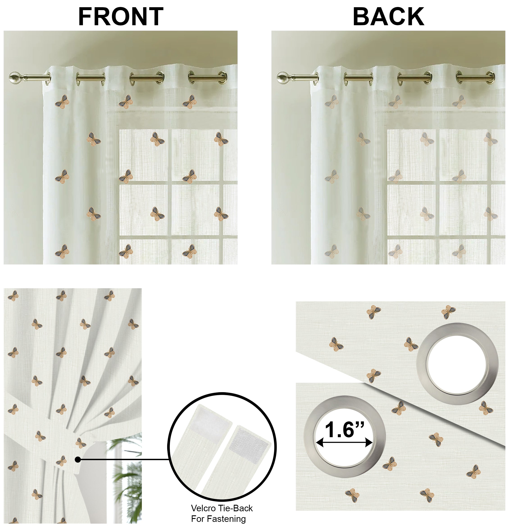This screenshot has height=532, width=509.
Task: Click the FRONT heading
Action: tap(121, 17)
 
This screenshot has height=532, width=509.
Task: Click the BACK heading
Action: tap(388, 17)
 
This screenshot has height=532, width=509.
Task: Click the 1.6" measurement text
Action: tap(345, 430)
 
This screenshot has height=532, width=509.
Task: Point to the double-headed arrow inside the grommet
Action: tap(344, 443)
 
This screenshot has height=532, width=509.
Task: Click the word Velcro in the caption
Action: tap(203, 508)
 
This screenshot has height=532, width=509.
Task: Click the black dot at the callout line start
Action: tap(78, 459)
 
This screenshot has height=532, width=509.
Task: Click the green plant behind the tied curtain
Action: tap(127, 477)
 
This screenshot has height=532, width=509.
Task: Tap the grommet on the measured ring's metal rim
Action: tap(309, 437)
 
